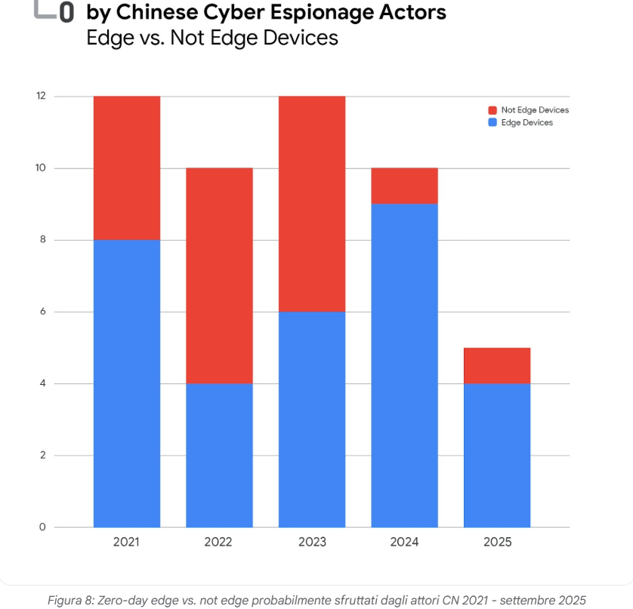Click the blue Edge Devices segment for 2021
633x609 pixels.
pyautogui.click(x=126, y=383)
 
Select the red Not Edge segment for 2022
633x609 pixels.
pyautogui.click(x=219, y=275)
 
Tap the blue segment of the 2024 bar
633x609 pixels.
pyautogui.click(x=404, y=365)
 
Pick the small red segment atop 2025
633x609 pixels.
pyautogui.click(x=496, y=365)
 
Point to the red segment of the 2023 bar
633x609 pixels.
pyautogui.click(x=311, y=204)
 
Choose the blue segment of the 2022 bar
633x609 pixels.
pyautogui.click(x=219, y=455)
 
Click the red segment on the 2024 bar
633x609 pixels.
pyautogui.click(x=404, y=186)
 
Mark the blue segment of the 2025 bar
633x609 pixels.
pyautogui.click(x=496, y=455)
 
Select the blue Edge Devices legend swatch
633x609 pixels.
pyautogui.click(x=493, y=122)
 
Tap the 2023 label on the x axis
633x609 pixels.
pyautogui.click(x=311, y=542)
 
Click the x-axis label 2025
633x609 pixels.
pyautogui.click(x=496, y=542)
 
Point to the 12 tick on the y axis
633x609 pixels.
pyautogui.click(x=41, y=97)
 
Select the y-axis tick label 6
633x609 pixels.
pyautogui.click(x=42, y=312)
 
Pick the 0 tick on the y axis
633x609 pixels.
pyautogui.click(x=42, y=527)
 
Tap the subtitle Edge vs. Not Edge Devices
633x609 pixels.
pyautogui.click(x=213, y=38)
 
